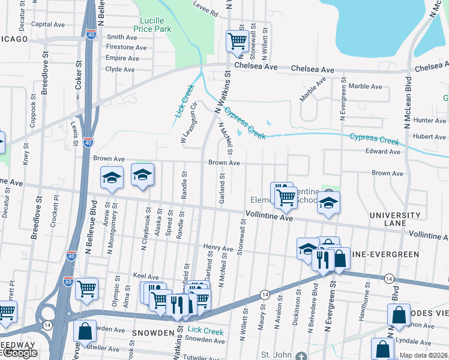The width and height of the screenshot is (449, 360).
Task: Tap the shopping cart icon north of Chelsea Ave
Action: coord(237,41)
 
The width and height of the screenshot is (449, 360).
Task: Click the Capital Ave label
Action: coord(47,25)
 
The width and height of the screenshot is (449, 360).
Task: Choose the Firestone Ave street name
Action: coord(126,47)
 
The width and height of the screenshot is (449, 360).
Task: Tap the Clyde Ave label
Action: coord(120,69)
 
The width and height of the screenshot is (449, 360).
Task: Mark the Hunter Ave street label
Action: coord(430,121)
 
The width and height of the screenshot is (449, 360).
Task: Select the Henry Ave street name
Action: coord(218,248)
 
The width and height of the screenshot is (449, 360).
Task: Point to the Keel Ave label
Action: coord(145,277)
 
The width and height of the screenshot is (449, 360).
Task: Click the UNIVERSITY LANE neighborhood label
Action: coord(395,219)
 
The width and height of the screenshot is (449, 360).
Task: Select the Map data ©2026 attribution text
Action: coord(424,355)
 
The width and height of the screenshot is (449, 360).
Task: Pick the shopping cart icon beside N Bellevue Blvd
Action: coord(88,289)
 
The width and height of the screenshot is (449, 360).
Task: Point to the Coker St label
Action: coord(79,74)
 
